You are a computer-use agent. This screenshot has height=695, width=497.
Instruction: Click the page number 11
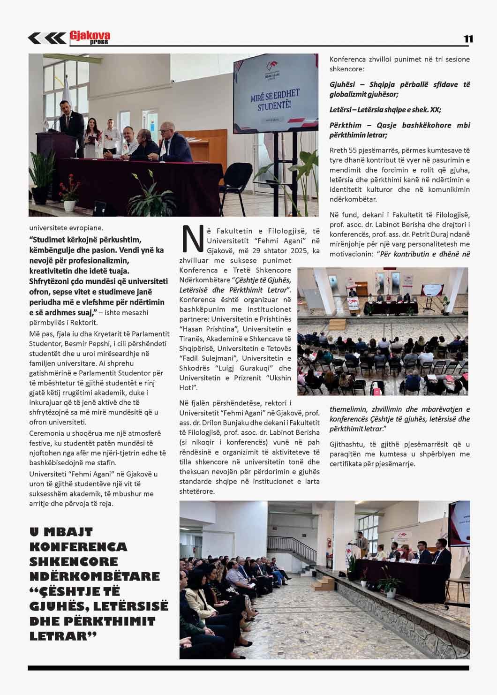click(x=468, y=39)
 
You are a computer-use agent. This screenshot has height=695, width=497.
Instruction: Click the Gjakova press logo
click(x=90, y=38)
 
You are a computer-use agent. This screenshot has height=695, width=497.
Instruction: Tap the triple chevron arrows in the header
click(x=47, y=38)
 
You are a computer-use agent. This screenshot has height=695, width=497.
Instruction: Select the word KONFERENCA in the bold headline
click(x=78, y=547)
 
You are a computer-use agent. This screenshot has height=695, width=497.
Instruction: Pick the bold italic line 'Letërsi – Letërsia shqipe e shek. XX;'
click(x=385, y=110)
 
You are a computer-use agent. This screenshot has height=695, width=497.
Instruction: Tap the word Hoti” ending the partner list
click(x=188, y=388)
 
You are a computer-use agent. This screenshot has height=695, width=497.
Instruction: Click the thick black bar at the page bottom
click(x=248, y=668)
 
